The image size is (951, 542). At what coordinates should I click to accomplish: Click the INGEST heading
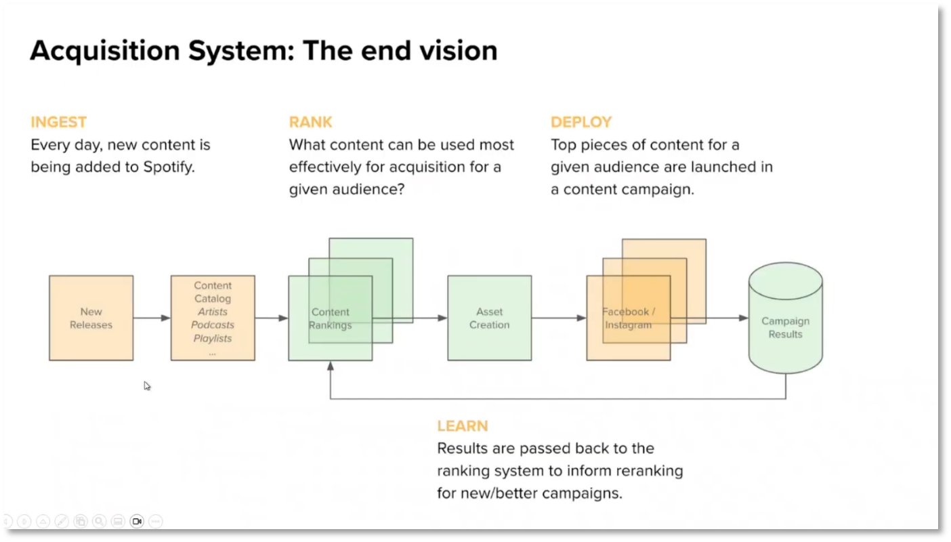(58, 122)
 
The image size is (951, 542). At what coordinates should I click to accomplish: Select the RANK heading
(310, 122)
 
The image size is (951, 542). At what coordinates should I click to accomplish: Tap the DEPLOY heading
(580, 122)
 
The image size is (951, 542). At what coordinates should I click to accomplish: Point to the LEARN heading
(462, 426)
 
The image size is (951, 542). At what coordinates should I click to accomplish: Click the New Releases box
(91, 318)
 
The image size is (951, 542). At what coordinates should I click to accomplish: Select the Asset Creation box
(489, 318)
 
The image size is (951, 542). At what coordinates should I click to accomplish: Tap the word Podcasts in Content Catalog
(213, 325)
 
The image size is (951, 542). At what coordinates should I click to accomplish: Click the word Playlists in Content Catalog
(213, 338)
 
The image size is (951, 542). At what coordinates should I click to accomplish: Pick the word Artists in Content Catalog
(213, 312)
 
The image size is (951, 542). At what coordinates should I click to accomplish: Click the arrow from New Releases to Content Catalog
(152, 318)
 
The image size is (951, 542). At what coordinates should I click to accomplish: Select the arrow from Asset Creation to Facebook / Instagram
(558, 318)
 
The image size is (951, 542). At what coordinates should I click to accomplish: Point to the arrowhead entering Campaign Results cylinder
(743, 318)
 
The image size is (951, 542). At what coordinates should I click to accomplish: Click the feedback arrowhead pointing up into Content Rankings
(331, 366)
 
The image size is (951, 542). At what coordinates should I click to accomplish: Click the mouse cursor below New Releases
(147, 386)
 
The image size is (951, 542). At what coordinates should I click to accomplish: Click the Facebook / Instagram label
(629, 318)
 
